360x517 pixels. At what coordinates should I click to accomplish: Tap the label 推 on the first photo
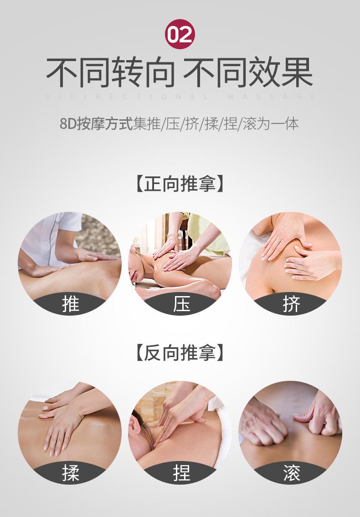71,304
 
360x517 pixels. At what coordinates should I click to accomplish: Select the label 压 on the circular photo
180,304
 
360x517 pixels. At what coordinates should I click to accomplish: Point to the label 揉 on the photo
71,473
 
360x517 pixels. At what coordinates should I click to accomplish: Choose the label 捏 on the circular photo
180,473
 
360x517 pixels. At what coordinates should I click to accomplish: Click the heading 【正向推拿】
180,184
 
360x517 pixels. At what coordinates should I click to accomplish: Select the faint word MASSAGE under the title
271,97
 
